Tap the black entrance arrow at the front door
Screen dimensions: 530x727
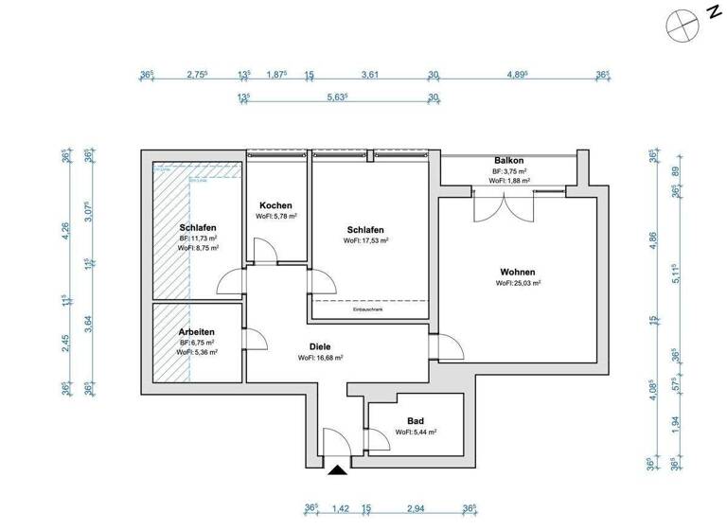337,468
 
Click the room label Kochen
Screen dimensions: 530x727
275,205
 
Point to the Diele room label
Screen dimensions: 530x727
320,346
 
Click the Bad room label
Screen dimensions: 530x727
415,421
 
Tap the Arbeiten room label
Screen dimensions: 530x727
196,332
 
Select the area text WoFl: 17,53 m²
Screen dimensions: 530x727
366,241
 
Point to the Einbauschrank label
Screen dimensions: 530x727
366,309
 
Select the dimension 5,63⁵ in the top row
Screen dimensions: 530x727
337,97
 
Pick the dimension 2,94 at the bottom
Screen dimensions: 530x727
416,508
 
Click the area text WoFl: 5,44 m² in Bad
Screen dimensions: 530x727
415,433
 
